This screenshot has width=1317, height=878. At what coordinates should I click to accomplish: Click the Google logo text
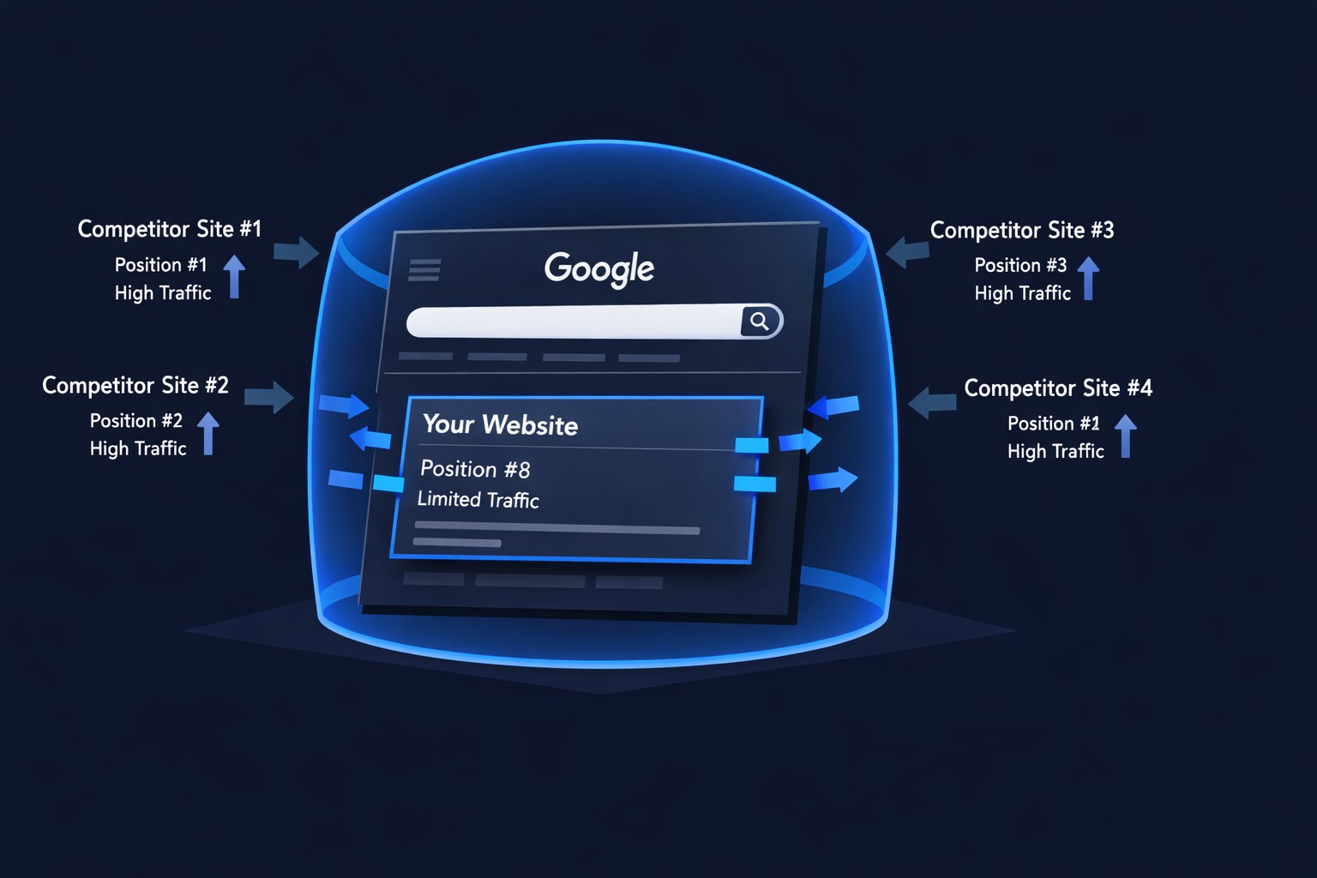(x=598, y=269)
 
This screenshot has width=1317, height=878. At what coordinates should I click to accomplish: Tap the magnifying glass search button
(x=761, y=321)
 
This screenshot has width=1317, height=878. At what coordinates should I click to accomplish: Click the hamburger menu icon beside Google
(x=424, y=270)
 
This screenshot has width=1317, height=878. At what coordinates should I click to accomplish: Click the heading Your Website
(x=501, y=424)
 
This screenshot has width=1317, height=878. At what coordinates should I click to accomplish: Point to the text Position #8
(x=475, y=469)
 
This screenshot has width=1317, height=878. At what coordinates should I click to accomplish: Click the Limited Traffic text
(x=478, y=499)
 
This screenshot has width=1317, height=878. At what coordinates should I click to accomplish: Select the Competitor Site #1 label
(x=169, y=229)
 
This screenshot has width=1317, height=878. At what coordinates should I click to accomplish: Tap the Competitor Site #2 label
(x=135, y=385)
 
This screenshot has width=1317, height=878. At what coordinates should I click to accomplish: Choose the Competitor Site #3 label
(x=1022, y=230)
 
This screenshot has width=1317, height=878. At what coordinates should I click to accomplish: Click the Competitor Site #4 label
(x=1058, y=388)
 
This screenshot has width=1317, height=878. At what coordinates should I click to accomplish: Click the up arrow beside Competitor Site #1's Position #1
(x=234, y=276)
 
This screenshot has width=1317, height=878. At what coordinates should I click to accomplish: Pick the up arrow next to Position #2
(x=208, y=433)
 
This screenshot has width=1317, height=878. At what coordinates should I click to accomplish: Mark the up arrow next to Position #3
(x=1088, y=278)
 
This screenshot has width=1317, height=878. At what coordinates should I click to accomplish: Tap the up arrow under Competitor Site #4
(x=1125, y=436)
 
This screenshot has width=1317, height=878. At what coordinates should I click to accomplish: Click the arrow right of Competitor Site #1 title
(x=297, y=252)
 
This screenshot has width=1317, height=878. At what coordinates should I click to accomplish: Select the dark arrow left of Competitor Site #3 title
(x=907, y=252)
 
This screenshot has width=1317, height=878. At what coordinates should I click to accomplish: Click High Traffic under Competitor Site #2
(x=138, y=448)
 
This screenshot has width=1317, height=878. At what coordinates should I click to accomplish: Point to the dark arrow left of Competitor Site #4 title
(x=932, y=403)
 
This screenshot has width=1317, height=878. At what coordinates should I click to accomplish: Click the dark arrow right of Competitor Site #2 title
(x=269, y=398)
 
